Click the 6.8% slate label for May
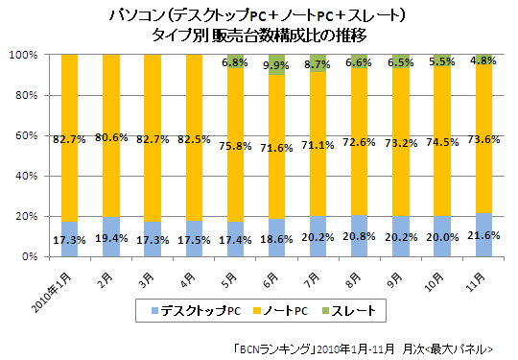(235, 62)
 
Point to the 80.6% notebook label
(112, 137)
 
